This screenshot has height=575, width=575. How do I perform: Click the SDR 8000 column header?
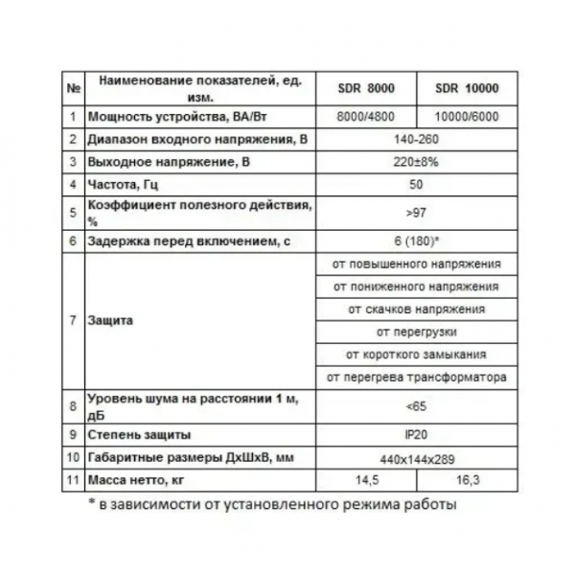coord(368,89)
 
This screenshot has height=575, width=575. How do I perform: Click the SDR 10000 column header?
coord(466,89)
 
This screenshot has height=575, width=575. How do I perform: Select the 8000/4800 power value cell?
coord(368,118)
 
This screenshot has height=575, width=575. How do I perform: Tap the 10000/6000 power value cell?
coord(466,118)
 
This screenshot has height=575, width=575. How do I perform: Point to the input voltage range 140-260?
coord(416,140)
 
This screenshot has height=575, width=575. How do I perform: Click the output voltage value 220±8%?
coord(416,162)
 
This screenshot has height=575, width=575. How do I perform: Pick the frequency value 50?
coord(416,184)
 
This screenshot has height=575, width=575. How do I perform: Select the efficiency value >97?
coord(416,211)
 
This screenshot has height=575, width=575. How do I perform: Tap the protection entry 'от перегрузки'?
coord(416,332)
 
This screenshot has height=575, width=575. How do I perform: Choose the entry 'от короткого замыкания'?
coord(416,355)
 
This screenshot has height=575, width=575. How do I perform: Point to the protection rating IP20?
coord(416,433)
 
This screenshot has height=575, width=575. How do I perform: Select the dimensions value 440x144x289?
coord(416,457)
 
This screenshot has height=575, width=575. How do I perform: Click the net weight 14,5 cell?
coord(368,478)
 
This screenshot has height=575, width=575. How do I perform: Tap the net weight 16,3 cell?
coord(466,478)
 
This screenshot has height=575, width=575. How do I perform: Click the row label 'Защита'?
coord(109,320)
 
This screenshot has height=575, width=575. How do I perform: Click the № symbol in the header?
coord(73,89)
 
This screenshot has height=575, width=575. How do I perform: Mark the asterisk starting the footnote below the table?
coord(80,501)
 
